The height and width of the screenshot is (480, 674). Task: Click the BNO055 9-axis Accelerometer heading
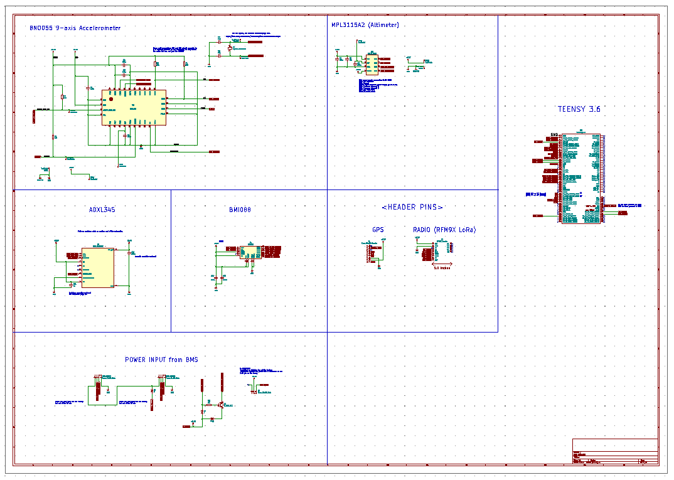pyautogui.click(x=75, y=28)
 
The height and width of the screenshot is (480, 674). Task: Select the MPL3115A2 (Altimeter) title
pyautogui.click(x=365, y=25)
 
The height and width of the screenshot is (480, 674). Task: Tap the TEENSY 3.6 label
pyautogui.click(x=579, y=109)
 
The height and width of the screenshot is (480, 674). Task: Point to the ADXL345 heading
pyautogui.click(x=102, y=210)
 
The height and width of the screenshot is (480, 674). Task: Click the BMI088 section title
pyautogui.click(x=240, y=210)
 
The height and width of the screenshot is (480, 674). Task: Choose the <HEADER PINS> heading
pyautogui.click(x=412, y=207)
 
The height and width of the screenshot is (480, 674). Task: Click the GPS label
pyautogui.click(x=378, y=230)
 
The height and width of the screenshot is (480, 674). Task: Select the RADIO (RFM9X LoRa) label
pyautogui.click(x=444, y=230)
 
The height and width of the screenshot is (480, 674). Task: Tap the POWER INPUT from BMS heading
pyautogui.click(x=161, y=360)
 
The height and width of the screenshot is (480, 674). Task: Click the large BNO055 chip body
pyautogui.click(x=134, y=107)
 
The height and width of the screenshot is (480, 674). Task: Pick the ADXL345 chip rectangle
pyautogui.click(x=98, y=267)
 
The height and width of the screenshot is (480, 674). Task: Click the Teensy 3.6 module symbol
pyautogui.click(x=580, y=178)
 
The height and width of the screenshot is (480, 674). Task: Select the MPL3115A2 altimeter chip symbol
pyautogui.click(x=372, y=64)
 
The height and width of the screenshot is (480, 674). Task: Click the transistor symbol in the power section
pyautogui.click(x=221, y=405)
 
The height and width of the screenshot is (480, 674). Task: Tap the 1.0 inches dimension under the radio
pyautogui.click(x=442, y=267)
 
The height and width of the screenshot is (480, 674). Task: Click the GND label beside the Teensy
pyautogui.click(x=554, y=135)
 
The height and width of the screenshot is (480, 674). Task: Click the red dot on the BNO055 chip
pyautogui.click(x=111, y=99)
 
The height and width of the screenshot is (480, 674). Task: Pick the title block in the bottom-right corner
pyautogui.click(x=615, y=452)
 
